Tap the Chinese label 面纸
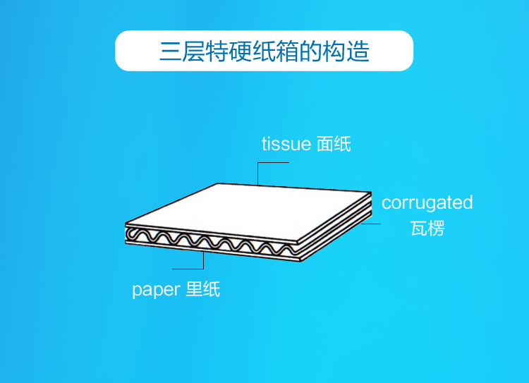pyautogui.click(x=334, y=145)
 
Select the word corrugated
pyautogui.click(x=427, y=203)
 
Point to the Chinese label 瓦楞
pyautogui.click(x=427, y=228)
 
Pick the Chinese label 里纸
pyautogui.click(x=203, y=289)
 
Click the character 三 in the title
pyautogui.click(x=171, y=51)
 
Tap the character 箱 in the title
pyautogui.click(x=288, y=51)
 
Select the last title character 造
pyautogui.click(x=358, y=51)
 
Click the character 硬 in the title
pyautogui.click(x=241, y=51)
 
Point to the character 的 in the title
pyautogui.click(x=311, y=51)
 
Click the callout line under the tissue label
pyautogui.click(x=274, y=163)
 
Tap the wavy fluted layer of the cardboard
pyautogui.click(x=212, y=241)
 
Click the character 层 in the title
pyautogui.click(x=195, y=51)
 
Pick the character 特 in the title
pyautogui.click(x=218, y=51)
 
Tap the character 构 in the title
pyautogui.click(x=334, y=51)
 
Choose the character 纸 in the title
pyautogui.click(x=264, y=51)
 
